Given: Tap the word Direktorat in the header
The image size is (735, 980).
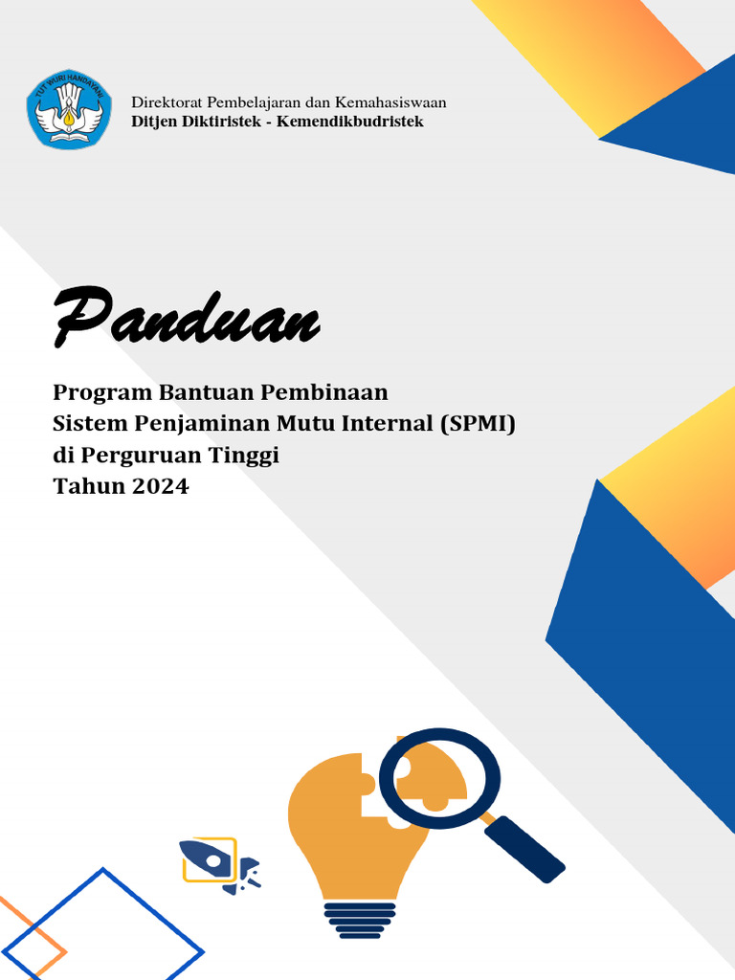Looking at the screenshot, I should coord(166,102).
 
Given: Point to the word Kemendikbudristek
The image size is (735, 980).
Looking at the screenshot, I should coord(350,122).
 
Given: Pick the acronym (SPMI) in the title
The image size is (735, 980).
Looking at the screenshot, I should coord(478,423).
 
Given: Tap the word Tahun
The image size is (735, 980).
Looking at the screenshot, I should coord(86,486).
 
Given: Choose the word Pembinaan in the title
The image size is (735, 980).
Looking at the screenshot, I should coord(328,392).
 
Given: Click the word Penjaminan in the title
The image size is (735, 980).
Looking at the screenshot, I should coord(196,423).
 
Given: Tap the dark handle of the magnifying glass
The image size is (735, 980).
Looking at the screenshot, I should coord(524,849).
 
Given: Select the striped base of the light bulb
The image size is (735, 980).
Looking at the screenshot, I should coord(359,920).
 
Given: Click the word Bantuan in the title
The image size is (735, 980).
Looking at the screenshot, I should coord(210,392).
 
